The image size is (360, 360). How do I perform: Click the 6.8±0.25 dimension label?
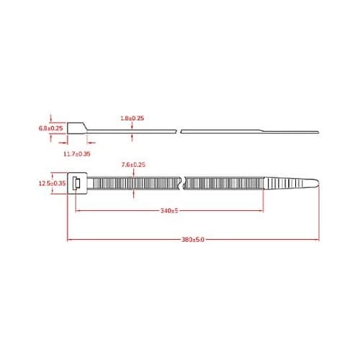[50, 128]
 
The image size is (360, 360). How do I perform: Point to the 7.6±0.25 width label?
[133, 165]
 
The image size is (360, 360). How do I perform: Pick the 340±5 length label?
[169, 212]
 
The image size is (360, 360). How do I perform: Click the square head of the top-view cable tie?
[76, 184]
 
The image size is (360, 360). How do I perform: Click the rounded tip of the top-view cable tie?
[315, 184]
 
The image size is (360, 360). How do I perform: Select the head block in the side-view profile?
[76, 128]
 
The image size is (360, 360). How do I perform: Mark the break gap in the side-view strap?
[179, 131]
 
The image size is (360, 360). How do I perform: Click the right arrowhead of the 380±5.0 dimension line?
[317, 239]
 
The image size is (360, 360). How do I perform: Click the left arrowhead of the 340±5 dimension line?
[78, 211]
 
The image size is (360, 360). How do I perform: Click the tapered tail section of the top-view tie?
[288, 184]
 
